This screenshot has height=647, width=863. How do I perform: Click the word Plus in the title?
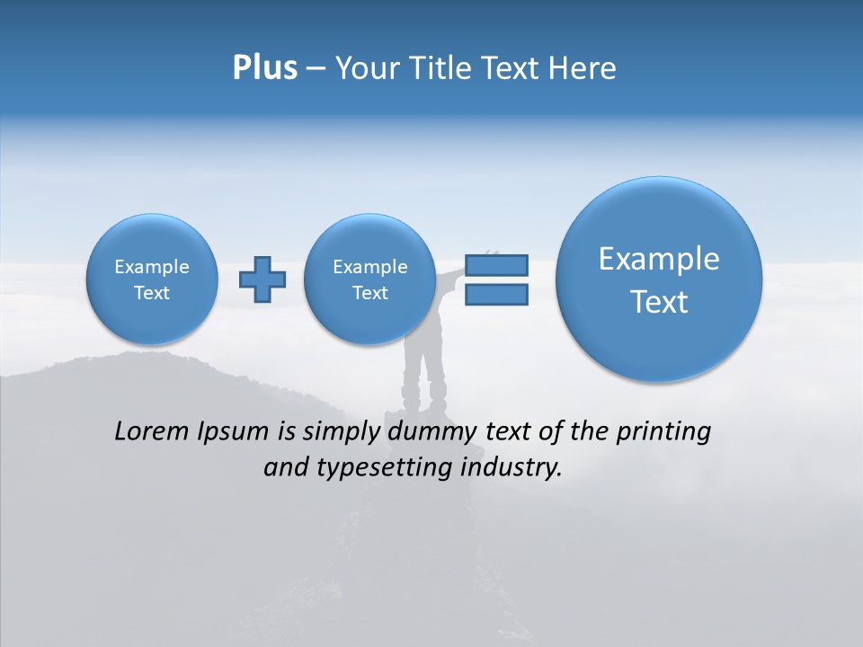tap(264, 68)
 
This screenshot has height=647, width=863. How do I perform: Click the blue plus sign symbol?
tap(262, 279)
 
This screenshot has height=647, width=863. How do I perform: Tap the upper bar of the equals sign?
tap(496, 265)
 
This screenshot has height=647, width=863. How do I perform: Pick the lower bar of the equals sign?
tap(496, 295)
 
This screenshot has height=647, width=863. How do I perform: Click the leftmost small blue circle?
tap(152, 279)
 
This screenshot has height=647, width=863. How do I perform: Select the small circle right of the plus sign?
tap(369, 279)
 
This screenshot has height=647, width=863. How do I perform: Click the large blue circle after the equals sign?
tap(659, 279)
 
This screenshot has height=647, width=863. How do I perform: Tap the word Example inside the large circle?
tap(659, 259)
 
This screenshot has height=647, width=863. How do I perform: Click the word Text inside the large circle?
tap(659, 302)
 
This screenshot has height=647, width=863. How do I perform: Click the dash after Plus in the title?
tap(316, 69)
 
